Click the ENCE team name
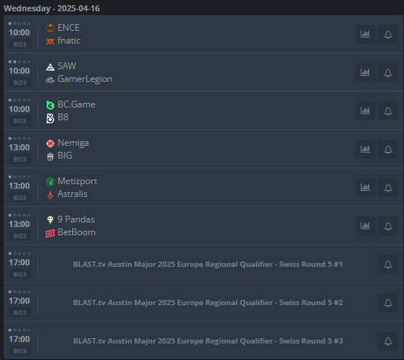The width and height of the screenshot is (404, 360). click(68, 28)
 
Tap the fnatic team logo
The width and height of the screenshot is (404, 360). click(50, 41)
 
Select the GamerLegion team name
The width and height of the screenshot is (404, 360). click(85, 79)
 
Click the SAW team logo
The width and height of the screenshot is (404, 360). click(50, 67)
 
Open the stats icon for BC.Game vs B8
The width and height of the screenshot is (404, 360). click(365, 111)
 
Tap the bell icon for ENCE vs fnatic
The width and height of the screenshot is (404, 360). click(388, 35)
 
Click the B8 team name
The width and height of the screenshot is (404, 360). click(63, 117)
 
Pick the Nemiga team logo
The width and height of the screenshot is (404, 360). click(50, 144)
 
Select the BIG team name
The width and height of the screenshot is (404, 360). click(65, 156)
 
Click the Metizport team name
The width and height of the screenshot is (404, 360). click(77, 181)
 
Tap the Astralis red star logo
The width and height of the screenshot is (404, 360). click(50, 195)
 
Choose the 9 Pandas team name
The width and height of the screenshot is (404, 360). click(77, 219)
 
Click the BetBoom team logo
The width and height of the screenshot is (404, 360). click(50, 234)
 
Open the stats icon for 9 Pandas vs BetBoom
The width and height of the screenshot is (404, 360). click(365, 226)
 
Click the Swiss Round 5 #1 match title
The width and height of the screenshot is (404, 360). click(208, 265)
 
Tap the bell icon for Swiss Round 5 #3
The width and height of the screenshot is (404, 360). click(388, 341)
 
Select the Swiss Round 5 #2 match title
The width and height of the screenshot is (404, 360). click(208, 302)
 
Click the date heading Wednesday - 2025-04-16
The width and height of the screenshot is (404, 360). click(52, 8)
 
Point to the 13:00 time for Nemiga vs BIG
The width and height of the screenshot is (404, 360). click(20, 147)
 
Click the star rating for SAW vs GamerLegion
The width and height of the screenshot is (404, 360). click(20, 62)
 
